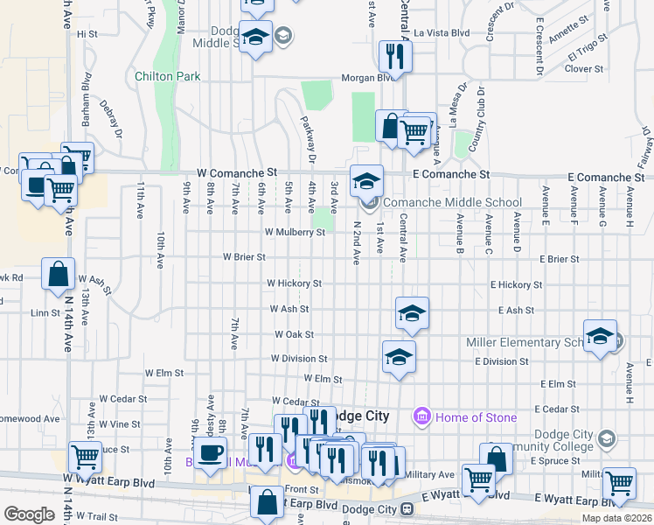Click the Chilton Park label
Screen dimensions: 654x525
click(x=168, y=76)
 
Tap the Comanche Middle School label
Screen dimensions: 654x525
click(x=452, y=203)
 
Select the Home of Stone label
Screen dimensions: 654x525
click(x=477, y=417)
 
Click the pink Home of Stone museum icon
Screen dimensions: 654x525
click(x=423, y=416)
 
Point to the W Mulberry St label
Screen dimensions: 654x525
click(x=295, y=233)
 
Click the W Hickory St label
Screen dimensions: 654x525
click(x=294, y=283)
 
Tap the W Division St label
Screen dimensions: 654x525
click(x=298, y=359)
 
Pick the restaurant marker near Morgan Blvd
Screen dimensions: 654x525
click(x=395, y=56)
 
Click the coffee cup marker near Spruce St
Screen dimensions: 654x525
click(x=209, y=453)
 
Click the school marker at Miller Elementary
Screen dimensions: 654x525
click(x=600, y=337)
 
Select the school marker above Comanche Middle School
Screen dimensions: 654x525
click(x=367, y=181)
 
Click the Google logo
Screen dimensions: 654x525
click(x=29, y=514)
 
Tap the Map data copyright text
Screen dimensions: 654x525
click(x=616, y=518)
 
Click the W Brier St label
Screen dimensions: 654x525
click(x=244, y=258)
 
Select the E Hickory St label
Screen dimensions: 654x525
click(x=516, y=285)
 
